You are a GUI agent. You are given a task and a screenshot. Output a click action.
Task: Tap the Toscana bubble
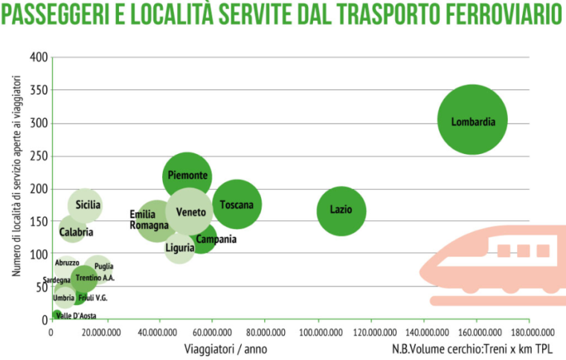click(x=237, y=205)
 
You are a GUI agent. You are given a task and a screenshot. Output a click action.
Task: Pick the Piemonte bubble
click(x=187, y=176)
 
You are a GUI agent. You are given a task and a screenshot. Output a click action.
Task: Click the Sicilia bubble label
click(x=88, y=205)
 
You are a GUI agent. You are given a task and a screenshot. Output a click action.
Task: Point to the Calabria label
click(x=76, y=232)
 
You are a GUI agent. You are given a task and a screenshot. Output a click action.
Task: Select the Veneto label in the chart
click(x=190, y=212)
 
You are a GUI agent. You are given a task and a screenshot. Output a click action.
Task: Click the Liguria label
click(x=180, y=248)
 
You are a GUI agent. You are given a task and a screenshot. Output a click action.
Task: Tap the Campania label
click(x=216, y=240)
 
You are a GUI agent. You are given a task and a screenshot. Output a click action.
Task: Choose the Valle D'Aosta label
click(x=76, y=316)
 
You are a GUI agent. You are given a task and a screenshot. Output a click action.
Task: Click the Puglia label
click(x=103, y=266)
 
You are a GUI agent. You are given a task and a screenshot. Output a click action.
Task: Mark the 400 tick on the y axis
click(x=38, y=58)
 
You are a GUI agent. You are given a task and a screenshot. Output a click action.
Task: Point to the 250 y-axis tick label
click(x=38, y=156)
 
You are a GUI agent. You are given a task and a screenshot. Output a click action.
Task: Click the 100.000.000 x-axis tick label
click(x=318, y=332)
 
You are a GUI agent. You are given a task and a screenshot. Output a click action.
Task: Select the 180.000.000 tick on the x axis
click(x=529, y=332)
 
